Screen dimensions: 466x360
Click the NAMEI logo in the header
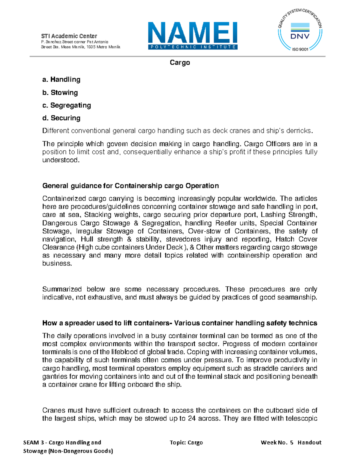pos(193,35)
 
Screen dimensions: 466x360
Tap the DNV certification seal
pos(300,30)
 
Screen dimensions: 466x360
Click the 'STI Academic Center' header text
pos(69,36)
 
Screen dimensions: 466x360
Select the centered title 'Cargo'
pos(180,62)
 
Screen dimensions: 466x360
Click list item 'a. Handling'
pos(61,80)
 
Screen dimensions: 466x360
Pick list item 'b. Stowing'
pos(60,92)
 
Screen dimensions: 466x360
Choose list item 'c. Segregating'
pos(67,105)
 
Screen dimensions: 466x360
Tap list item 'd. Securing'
pos(61,118)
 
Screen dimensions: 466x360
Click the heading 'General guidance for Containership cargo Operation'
pos(130,186)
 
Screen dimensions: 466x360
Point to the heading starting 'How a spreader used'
pos(179,323)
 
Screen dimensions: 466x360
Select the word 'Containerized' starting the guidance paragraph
pos(63,199)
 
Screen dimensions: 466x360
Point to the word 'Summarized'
pos(62,289)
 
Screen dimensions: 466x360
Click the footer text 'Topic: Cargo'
pos(186,442)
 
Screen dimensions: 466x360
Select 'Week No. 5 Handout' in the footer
pos(291,442)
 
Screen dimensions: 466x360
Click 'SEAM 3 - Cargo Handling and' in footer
pos(62,442)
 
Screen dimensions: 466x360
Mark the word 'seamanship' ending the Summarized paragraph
pos(298,297)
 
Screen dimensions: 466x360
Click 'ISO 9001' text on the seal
pos(300,49)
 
